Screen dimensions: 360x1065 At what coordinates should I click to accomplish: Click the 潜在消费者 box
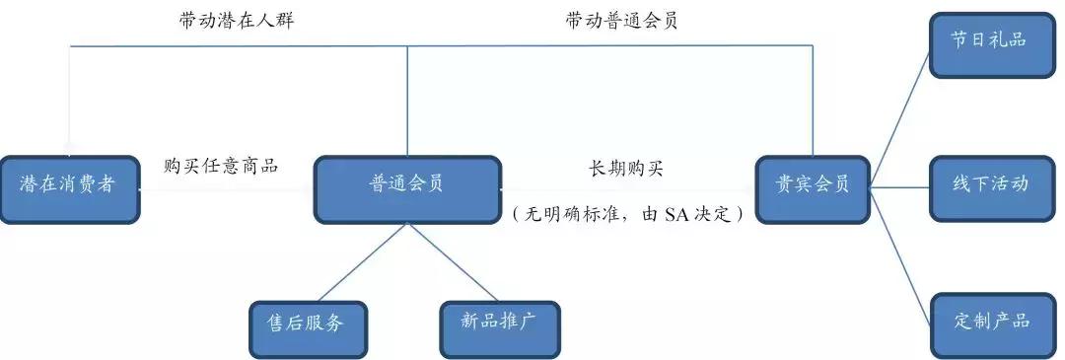point(68,186)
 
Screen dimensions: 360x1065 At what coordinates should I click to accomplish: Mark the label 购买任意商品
point(221,166)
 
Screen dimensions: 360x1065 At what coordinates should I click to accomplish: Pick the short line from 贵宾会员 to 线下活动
point(900,183)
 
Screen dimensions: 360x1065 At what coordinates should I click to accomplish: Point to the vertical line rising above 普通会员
point(408,99)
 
